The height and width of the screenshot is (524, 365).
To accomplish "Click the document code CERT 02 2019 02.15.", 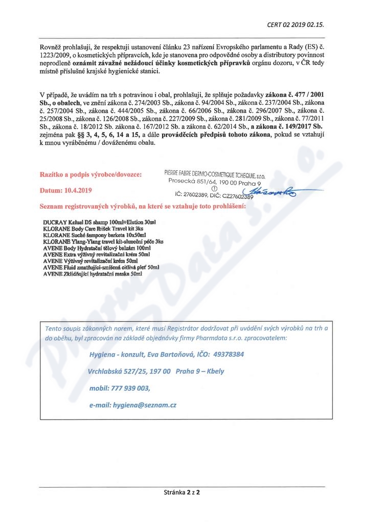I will tap(296, 24).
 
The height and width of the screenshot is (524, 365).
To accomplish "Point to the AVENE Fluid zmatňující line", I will tap(101, 267).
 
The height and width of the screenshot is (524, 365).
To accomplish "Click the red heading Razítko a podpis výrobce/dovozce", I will tap(92, 174).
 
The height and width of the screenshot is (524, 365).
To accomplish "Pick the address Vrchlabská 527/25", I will tap(122, 371).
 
